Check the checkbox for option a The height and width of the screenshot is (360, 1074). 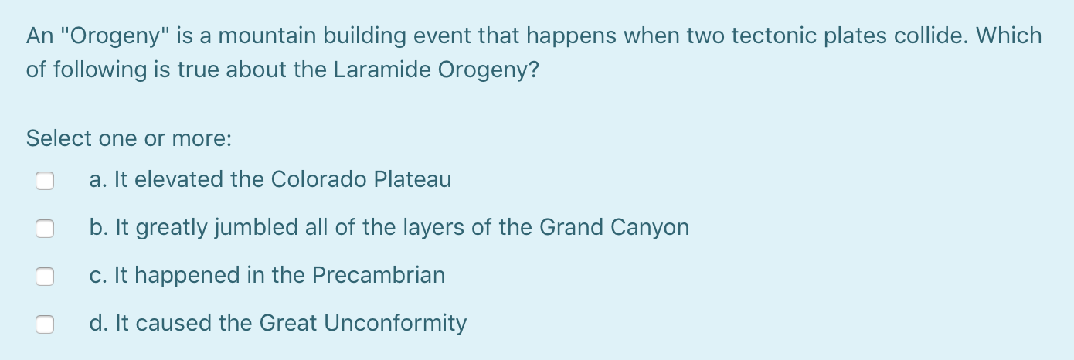click(x=45, y=181)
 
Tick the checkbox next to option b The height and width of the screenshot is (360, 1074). click(x=45, y=229)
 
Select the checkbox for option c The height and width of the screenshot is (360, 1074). click(x=45, y=277)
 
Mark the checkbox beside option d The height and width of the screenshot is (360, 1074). click(x=45, y=324)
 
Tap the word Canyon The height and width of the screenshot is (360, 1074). click(x=650, y=228)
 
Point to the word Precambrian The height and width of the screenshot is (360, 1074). click(x=379, y=275)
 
